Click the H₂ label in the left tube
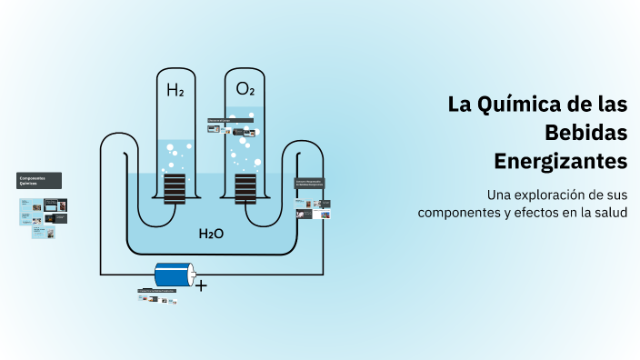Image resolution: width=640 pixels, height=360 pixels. coord(175,90)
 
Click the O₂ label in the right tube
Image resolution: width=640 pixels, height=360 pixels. coord(245,89)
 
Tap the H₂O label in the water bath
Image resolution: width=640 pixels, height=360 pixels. coord(211,234)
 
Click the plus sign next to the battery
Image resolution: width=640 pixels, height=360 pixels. coord(201,285)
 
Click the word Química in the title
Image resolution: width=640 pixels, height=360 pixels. coord(525,104)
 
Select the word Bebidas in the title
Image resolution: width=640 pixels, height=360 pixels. coord(585,133)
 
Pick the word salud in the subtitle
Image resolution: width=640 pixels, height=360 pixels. coord(611,212)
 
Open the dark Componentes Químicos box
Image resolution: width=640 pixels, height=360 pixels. coord(39,180)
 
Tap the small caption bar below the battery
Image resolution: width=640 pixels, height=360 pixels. coord(156,291)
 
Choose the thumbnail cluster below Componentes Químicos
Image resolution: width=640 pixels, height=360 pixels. coord(44,217)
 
